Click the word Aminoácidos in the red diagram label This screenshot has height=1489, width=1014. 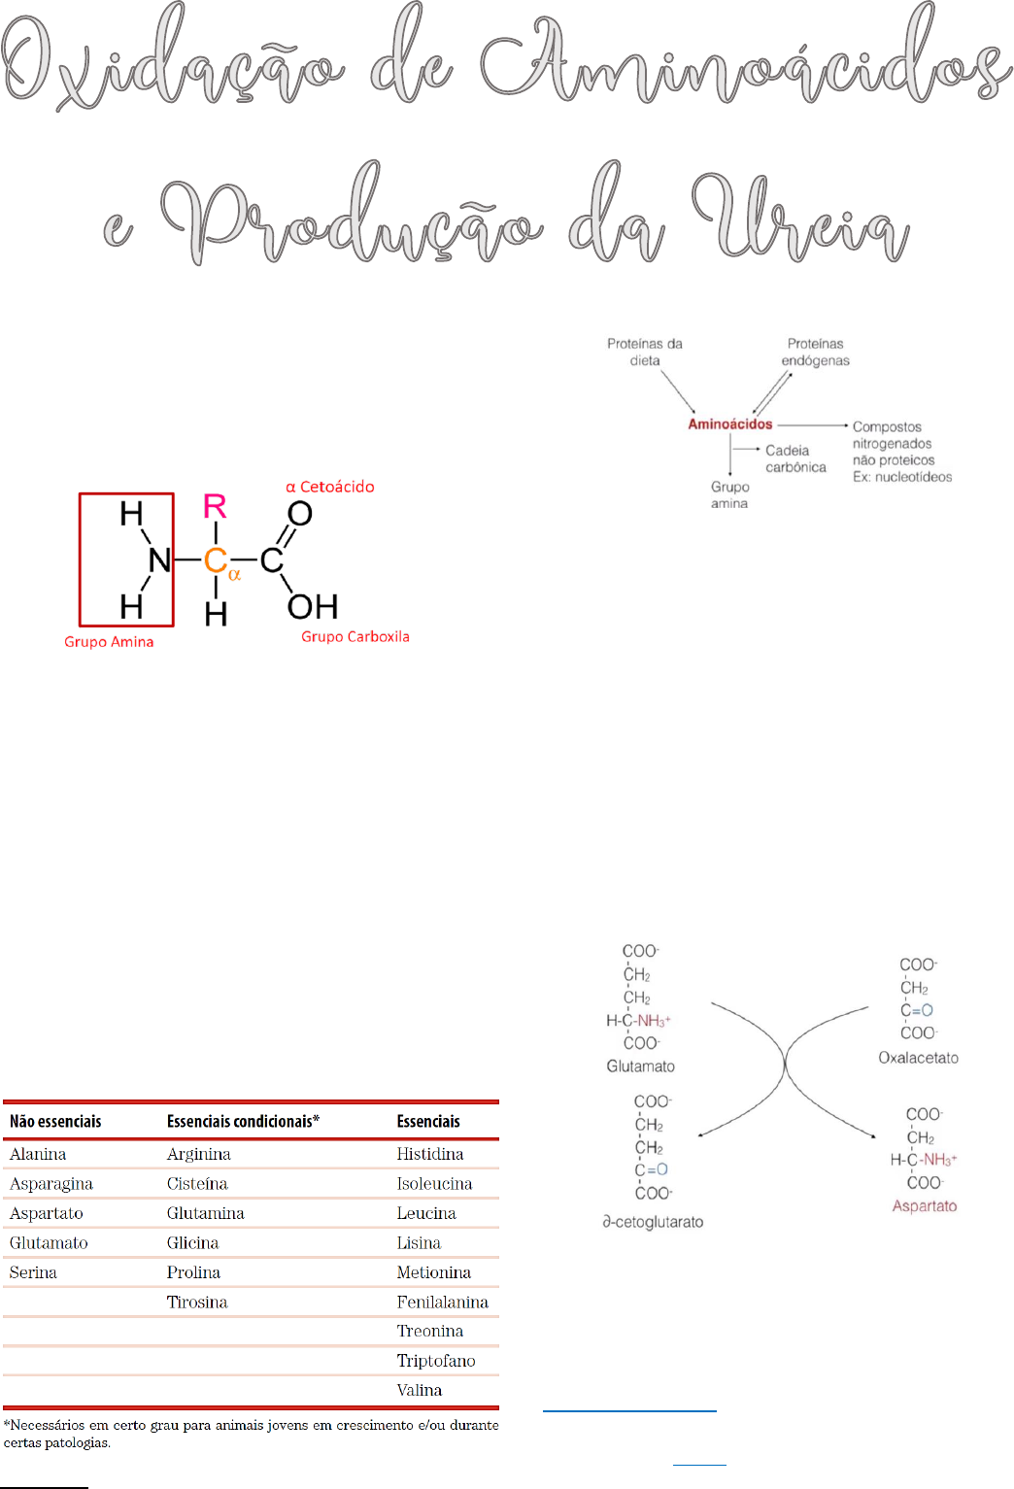[729, 423]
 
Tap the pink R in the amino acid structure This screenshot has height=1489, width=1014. [215, 506]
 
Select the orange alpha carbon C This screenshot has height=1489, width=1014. [215, 560]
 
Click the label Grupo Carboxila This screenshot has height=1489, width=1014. [355, 637]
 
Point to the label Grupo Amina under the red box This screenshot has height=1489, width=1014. [109, 642]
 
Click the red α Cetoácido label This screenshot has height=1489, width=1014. [330, 487]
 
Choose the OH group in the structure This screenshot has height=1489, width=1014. [313, 607]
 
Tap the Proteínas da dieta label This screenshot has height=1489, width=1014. [645, 352]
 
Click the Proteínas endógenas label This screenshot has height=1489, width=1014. [815, 352]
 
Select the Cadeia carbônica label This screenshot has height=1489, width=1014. [795, 458]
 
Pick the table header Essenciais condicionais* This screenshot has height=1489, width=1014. [243, 1121]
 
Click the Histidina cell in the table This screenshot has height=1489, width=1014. [429, 1154]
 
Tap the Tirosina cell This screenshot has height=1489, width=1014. [197, 1302]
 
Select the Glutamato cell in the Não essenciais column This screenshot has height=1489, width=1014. [49, 1242]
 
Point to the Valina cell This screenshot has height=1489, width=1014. [419, 1390]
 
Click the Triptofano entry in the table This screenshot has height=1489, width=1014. [436, 1361]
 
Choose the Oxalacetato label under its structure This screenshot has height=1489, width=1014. [918, 1058]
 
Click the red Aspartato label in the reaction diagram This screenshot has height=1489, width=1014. [925, 1206]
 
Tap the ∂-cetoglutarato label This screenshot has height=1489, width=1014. [653, 1222]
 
